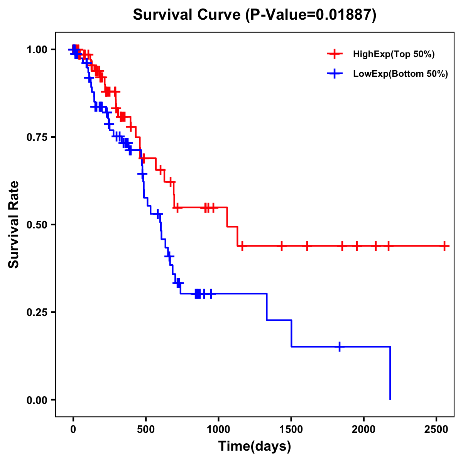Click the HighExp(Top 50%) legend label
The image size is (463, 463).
click(394, 54)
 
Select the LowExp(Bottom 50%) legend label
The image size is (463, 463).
click(400, 74)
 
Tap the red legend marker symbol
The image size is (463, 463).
click(335, 54)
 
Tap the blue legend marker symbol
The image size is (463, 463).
click(335, 74)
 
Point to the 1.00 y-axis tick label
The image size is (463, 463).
click(37, 50)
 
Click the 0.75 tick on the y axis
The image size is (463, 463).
click(37, 137)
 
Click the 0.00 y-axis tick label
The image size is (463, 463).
click(37, 400)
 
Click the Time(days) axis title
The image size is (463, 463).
click(255, 446)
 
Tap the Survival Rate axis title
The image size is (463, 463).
click(14, 224)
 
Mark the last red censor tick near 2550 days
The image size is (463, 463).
click(445, 246)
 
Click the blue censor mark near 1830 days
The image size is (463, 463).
click(340, 346)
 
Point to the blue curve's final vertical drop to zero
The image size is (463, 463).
click(390, 373)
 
